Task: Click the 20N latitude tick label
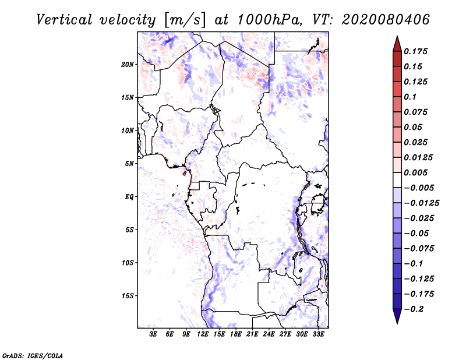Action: pyautogui.click(x=128, y=64)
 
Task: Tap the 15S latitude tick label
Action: pyautogui.click(x=128, y=295)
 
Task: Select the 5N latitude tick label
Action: pyautogui.click(x=129, y=163)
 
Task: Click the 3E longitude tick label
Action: pyautogui.click(x=154, y=334)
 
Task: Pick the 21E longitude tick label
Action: pyautogui.click(x=252, y=334)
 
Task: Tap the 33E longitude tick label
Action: pyautogui.click(x=318, y=334)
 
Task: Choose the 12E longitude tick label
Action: pyautogui.click(x=203, y=334)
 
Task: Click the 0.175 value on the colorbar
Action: pyautogui.click(x=416, y=51)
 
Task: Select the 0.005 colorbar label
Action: pyautogui.click(x=416, y=172)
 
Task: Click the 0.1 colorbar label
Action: pyautogui.click(x=411, y=97)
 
